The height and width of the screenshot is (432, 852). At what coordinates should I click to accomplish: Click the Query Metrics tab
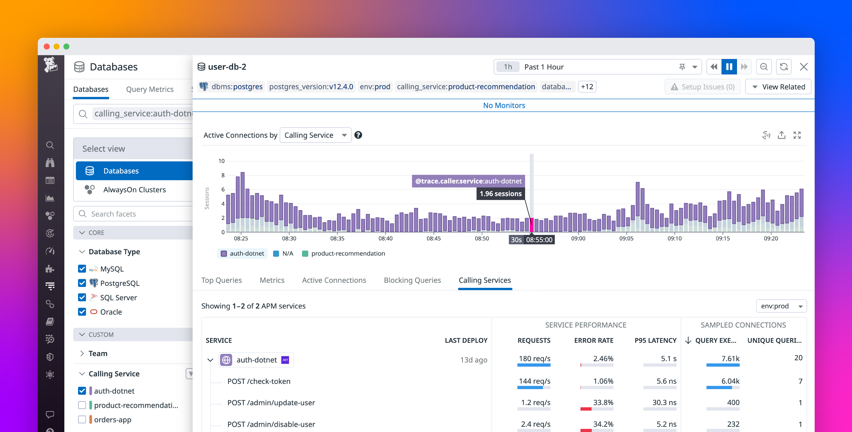(x=150, y=89)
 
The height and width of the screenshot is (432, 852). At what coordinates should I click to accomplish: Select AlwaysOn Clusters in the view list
(x=134, y=190)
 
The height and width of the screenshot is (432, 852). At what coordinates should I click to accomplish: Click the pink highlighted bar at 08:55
(x=532, y=225)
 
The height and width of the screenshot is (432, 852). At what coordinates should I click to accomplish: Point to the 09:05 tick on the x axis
(x=626, y=238)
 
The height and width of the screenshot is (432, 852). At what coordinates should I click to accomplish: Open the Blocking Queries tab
(x=412, y=280)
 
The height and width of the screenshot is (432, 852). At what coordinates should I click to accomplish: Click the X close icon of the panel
(x=803, y=67)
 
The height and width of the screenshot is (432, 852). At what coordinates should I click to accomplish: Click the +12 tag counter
(x=587, y=87)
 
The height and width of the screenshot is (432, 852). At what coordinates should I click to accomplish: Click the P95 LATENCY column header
(x=655, y=340)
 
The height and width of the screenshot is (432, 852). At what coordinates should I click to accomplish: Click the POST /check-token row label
(x=259, y=381)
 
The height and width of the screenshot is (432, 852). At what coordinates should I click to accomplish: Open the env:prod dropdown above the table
(x=781, y=306)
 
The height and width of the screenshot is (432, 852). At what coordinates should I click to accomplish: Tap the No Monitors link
(x=504, y=105)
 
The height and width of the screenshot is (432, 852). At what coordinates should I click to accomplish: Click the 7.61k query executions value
(x=730, y=359)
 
